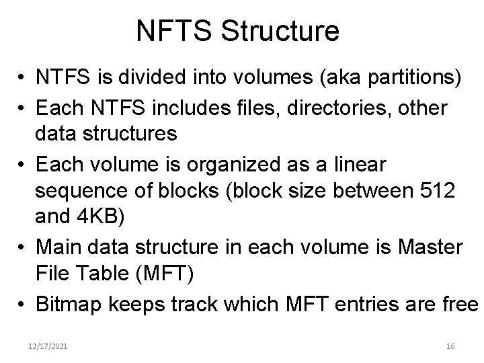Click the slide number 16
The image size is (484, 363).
tap(450, 346)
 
